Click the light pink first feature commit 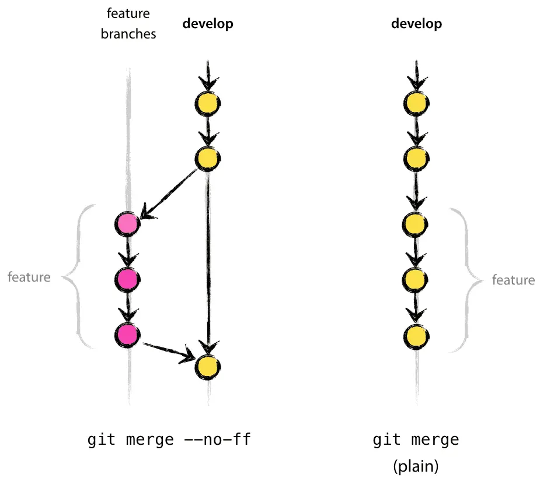click(x=127, y=223)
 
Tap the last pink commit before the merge click(x=127, y=335)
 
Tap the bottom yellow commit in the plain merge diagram click(x=416, y=336)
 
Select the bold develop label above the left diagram click(x=207, y=24)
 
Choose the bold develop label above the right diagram click(x=416, y=24)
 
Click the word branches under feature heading click(x=128, y=34)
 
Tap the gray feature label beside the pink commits click(x=29, y=277)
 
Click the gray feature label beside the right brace click(x=513, y=280)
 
